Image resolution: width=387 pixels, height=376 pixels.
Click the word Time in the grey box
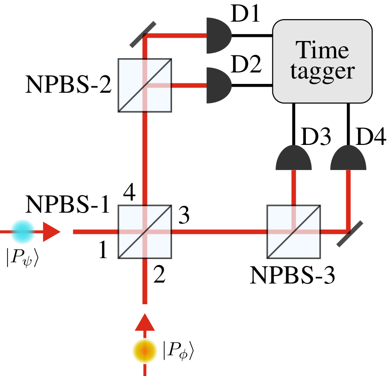[x=322, y=50]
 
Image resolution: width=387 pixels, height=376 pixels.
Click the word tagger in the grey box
[x=322, y=71]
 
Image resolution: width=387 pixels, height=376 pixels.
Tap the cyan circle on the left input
[x=23, y=232]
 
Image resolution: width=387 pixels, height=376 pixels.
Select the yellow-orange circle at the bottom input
[x=145, y=350]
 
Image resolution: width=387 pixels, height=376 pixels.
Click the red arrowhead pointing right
[x=51, y=232]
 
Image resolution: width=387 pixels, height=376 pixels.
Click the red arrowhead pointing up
[x=145, y=322]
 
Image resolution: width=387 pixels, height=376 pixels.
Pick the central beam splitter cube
[x=145, y=232]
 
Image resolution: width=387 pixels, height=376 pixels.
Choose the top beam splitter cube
[x=145, y=85]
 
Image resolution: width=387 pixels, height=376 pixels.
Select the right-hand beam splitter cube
[x=294, y=232]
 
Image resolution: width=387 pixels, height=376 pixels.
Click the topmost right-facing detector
[x=218, y=35]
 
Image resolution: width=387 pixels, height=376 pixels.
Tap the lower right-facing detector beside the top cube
[x=218, y=85]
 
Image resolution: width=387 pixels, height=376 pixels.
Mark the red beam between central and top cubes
[x=145, y=158]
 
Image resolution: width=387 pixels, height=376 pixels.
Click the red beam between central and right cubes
[x=219, y=232]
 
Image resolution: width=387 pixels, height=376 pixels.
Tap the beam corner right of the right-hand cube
[x=347, y=231]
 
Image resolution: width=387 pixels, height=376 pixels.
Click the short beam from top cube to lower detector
[x=189, y=85]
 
